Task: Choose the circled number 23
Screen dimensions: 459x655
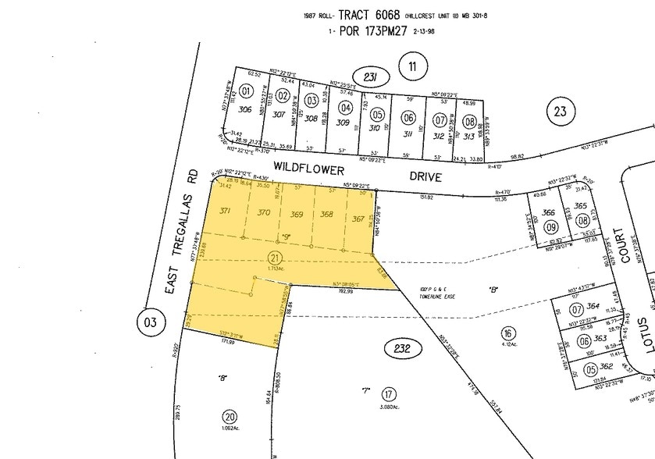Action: [x=560, y=112]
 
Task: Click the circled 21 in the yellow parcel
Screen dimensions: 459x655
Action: [x=274, y=258]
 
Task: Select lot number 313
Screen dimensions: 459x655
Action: [x=468, y=135]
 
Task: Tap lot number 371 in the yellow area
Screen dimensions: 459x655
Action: [x=226, y=211]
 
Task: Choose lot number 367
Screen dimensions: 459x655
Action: [x=358, y=219]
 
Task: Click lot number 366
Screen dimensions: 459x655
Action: [x=549, y=212]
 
